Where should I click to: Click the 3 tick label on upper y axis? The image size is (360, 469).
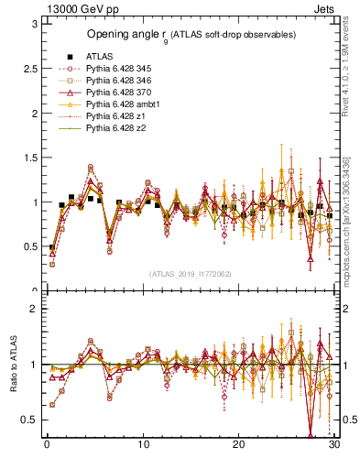tap(33, 24)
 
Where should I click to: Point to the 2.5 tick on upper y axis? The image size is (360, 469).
tap(29, 69)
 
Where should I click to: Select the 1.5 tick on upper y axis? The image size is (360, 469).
tap(29, 158)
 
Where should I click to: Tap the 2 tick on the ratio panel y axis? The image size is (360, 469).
tap(33, 309)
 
